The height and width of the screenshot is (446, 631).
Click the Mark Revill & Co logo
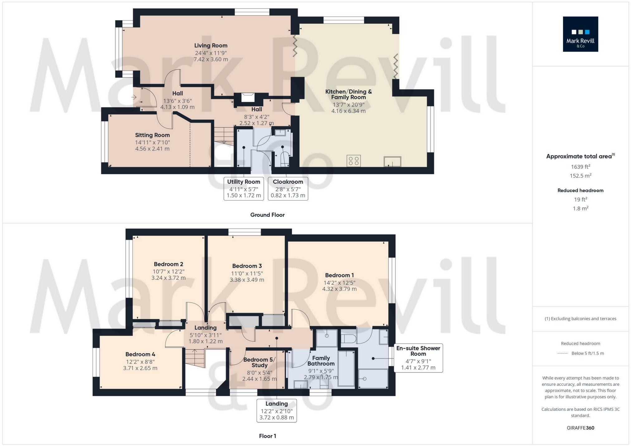coord(580,34)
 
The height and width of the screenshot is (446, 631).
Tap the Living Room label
coord(211,45)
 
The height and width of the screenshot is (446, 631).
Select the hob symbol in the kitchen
coord(354,161)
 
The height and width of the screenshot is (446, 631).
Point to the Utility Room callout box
coord(243,188)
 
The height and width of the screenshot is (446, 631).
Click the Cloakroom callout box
coord(288,188)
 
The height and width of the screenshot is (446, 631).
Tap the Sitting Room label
coord(152,135)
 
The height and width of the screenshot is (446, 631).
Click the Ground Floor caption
coord(267,215)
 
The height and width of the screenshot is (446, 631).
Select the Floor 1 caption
coord(267,436)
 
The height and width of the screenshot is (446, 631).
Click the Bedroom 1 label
coord(339,275)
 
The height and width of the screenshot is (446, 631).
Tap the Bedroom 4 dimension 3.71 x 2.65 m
coord(140,368)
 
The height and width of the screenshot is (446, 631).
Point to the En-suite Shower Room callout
coord(418,358)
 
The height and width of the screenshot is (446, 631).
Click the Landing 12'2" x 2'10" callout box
coord(277,411)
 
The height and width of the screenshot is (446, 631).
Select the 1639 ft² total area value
coord(580,167)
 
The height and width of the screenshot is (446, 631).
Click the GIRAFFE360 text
coord(580,428)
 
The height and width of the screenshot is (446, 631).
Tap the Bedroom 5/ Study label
coord(259,362)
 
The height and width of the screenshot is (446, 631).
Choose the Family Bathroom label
coord(321,361)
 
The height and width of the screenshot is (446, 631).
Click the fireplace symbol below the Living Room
coord(248,97)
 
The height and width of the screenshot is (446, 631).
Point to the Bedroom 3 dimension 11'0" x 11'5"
coord(247,273)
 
